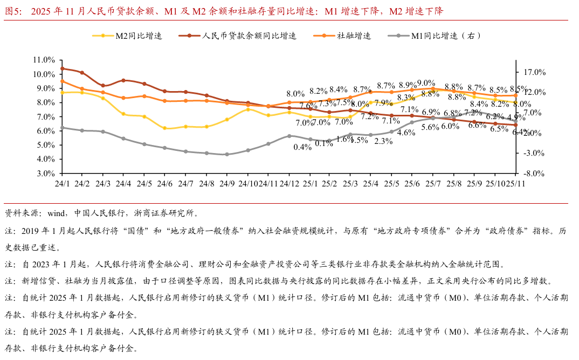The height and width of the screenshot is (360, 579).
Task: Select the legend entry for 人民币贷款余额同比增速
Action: point(249,36)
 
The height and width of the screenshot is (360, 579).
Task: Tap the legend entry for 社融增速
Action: point(354,36)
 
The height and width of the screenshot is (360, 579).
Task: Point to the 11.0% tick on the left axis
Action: point(44,60)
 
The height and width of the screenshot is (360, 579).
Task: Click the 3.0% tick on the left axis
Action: point(45,174)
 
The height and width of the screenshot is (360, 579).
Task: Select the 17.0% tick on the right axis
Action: point(535,72)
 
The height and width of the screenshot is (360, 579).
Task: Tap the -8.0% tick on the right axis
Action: point(535,174)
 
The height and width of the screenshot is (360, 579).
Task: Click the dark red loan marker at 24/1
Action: point(62,68)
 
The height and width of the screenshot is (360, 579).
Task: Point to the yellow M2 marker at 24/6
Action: point(165,128)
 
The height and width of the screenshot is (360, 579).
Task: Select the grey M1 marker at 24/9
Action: point(227,154)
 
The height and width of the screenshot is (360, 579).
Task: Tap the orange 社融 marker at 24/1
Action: point(62,81)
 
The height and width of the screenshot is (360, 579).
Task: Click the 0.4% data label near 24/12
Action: point(303,147)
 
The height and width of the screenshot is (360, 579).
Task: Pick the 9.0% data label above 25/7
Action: point(426,83)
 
